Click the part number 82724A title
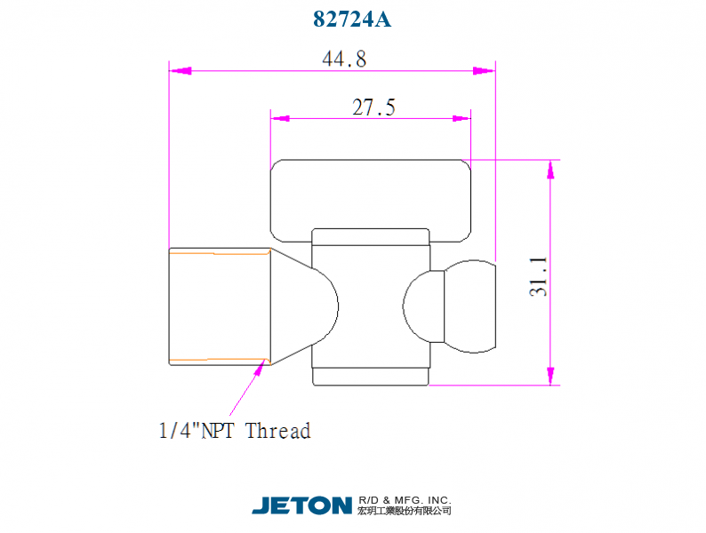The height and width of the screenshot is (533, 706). [x=352, y=19]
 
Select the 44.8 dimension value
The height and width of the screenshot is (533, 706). [x=344, y=59]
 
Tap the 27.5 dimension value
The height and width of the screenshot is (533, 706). [x=373, y=107]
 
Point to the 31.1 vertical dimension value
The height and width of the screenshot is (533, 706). [x=539, y=276]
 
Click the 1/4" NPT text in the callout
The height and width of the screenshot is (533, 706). [x=197, y=431]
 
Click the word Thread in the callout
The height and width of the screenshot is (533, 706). [x=277, y=431]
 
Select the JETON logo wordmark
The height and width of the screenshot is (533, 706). [x=301, y=505]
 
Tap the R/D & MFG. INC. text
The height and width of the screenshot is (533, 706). [x=405, y=500]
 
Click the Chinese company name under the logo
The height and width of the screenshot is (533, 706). [x=405, y=511]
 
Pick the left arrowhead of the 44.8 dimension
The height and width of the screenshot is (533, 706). [x=181, y=71]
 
